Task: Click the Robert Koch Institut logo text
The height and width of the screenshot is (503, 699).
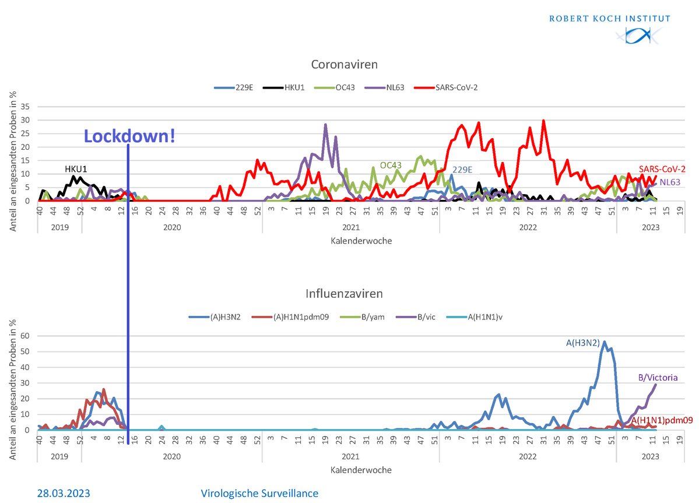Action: click(x=609, y=18)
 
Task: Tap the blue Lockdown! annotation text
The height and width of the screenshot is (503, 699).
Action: click(x=129, y=136)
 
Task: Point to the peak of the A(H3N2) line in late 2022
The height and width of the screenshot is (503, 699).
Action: click(x=605, y=342)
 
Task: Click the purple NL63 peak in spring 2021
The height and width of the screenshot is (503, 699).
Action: click(x=325, y=125)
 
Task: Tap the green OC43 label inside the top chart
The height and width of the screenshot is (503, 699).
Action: click(x=392, y=166)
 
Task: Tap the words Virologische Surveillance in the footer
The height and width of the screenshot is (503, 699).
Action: click(x=260, y=493)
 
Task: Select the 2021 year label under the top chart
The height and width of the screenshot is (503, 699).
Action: click(x=350, y=228)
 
